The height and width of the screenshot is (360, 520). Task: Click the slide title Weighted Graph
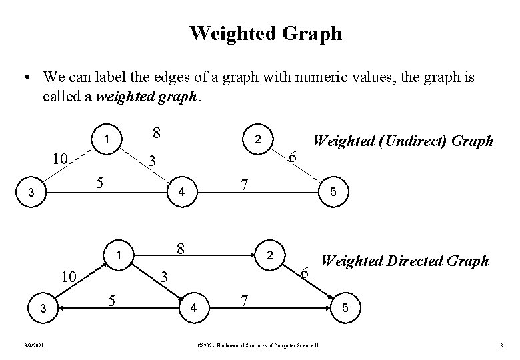click(x=265, y=33)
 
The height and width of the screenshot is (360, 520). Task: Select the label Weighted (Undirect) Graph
click(x=403, y=141)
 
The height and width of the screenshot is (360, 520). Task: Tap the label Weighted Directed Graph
click(x=405, y=261)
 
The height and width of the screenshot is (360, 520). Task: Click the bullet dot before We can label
click(x=25, y=79)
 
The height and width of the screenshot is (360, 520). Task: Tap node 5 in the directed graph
click(x=344, y=309)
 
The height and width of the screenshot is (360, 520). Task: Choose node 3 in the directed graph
click(x=43, y=309)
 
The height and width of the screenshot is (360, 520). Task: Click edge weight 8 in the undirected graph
click(x=156, y=132)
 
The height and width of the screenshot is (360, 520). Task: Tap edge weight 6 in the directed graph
click(x=305, y=273)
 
